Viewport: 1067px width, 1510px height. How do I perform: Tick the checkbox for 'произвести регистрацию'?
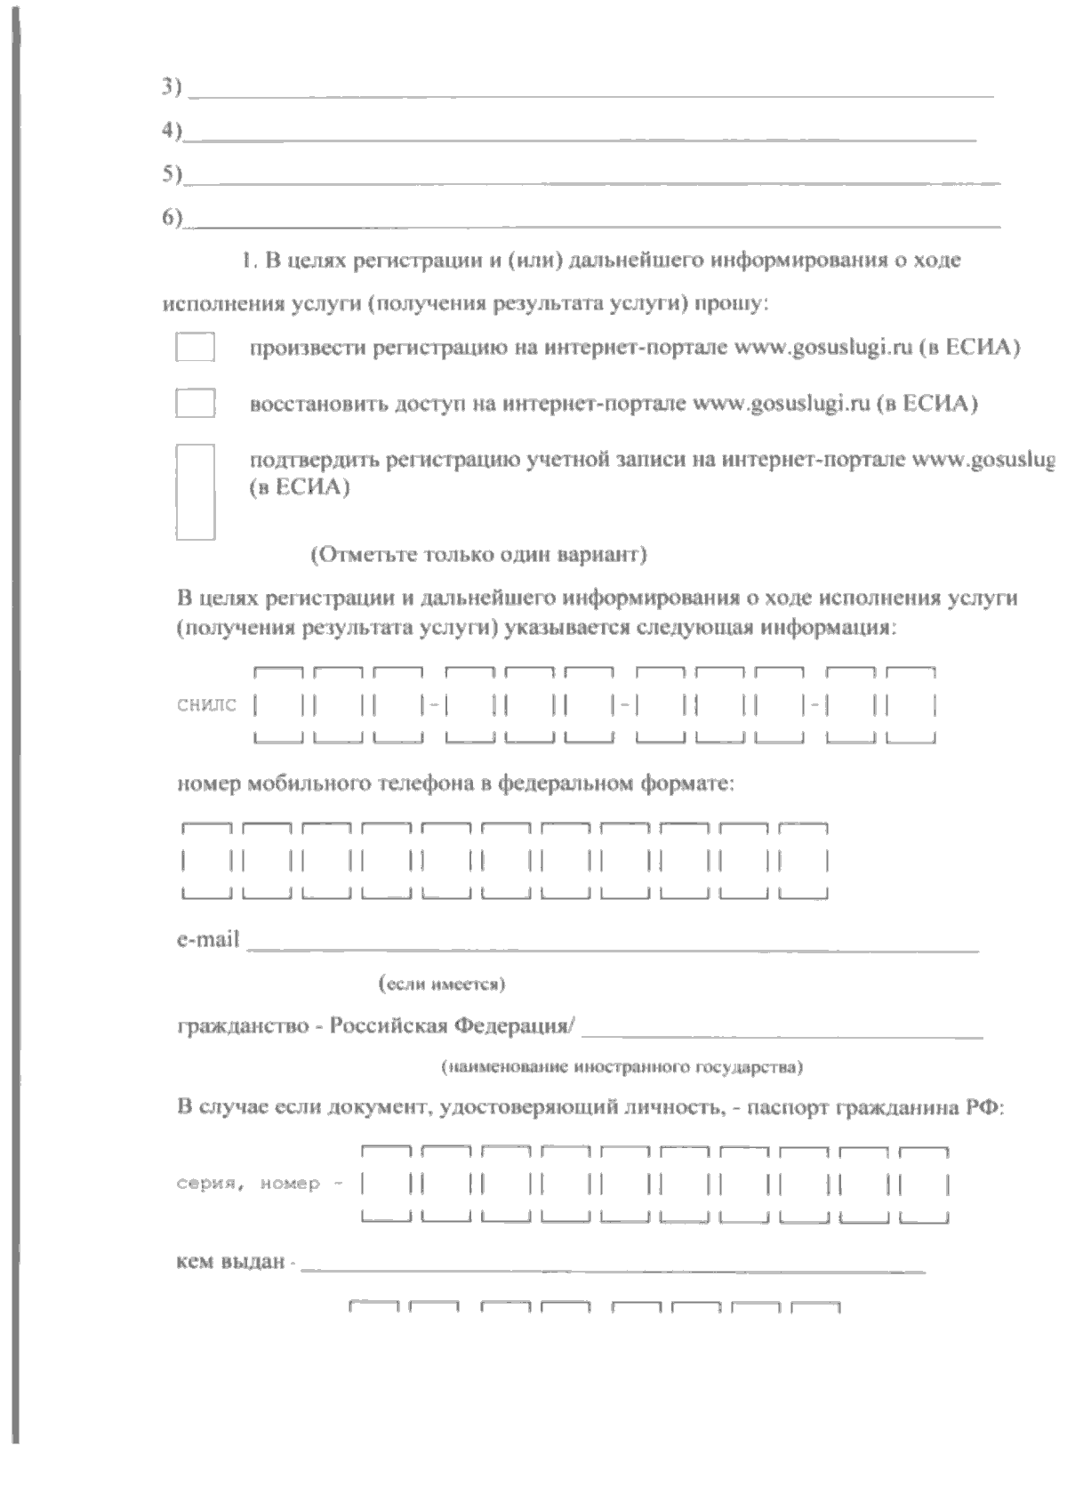[195, 347]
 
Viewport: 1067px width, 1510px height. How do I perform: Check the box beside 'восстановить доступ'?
[195, 404]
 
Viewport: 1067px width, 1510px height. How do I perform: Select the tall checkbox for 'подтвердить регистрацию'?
[195, 492]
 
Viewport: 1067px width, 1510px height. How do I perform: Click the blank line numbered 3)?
[590, 91]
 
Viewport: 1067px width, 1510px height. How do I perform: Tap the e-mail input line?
[612, 944]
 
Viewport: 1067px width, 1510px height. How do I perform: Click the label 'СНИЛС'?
[206, 706]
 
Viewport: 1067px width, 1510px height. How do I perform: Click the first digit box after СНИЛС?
[279, 706]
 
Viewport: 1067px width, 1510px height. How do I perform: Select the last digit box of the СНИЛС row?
[911, 706]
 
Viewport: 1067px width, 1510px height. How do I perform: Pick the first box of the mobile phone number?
[206, 862]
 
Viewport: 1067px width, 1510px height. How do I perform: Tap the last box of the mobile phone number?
[804, 862]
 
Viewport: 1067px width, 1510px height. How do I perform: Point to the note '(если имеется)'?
[442, 984]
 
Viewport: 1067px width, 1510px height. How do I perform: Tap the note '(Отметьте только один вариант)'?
[478, 556]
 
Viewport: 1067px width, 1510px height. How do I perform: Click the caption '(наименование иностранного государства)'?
[622, 1065]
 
